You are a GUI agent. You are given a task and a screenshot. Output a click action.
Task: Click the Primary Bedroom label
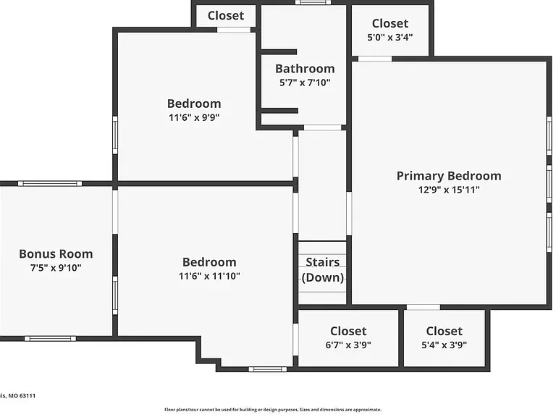(x=449, y=176)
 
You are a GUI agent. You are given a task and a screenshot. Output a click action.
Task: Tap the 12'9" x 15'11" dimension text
(x=449, y=190)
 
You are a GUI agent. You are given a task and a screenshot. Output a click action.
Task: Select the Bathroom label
(x=305, y=69)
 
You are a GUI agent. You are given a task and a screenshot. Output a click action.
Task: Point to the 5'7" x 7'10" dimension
(x=305, y=83)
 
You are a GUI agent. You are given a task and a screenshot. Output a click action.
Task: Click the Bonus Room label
(x=56, y=254)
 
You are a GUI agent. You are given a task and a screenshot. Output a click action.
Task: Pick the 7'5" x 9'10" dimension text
(x=56, y=268)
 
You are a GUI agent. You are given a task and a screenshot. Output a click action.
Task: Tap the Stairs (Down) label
(x=323, y=269)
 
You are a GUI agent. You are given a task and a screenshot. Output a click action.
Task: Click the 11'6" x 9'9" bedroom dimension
(x=194, y=117)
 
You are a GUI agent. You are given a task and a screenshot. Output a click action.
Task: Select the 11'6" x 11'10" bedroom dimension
(x=209, y=276)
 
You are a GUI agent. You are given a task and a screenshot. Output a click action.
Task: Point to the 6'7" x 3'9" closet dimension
(x=348, y=345)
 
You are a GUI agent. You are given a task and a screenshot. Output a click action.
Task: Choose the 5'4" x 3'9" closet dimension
(x=444, y=345)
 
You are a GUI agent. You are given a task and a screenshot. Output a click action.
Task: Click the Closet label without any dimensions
(x=226, y=16)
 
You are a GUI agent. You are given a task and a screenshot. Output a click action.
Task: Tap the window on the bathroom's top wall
(x=313, y=2)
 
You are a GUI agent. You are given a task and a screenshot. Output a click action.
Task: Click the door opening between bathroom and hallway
(x=323, y=127)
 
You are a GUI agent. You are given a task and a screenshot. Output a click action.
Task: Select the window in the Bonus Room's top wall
(x=50, y=183)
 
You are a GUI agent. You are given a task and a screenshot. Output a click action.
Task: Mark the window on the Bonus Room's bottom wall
(x=50, y=339)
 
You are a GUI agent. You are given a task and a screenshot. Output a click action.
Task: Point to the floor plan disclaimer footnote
(x=273, y=410)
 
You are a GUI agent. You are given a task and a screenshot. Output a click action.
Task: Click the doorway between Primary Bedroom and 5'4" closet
(x=424, y=307)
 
